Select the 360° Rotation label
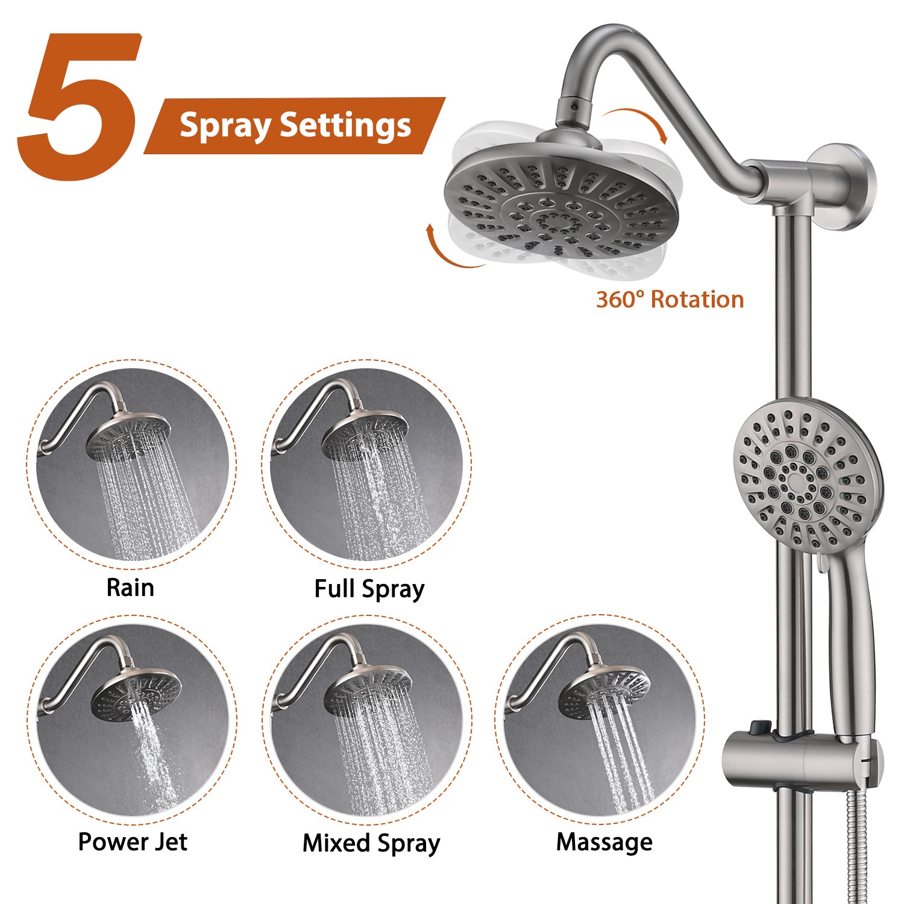[x=670, y=300]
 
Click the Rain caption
[x=130, y=588]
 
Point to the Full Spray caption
[x=369, y=589]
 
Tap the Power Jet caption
[x=133, y=842]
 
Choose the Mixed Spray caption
[x=371, y=843]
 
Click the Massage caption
[x=604, y=842]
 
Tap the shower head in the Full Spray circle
[x=365, y=436]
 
